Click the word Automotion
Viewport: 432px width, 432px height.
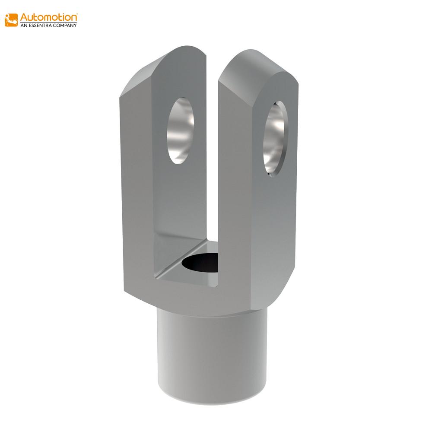(x=49, y=18)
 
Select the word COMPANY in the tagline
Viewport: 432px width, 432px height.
(x=67, y=25)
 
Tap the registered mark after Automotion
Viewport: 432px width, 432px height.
(x=76, y=14)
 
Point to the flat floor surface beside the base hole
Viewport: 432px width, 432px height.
(x=181, y=272)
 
